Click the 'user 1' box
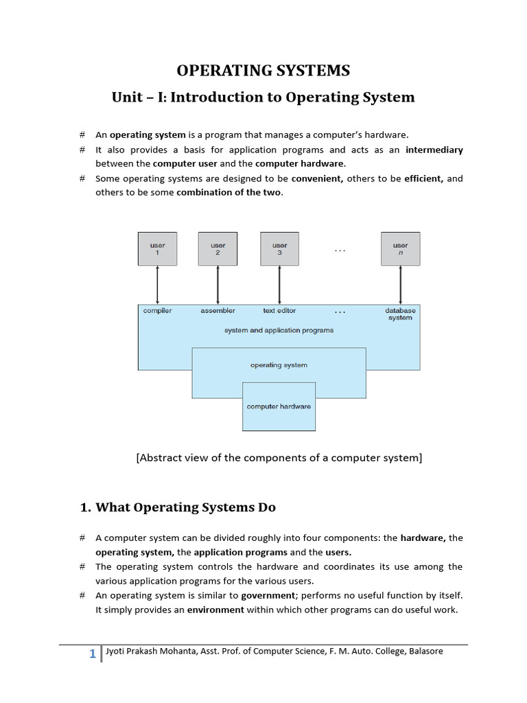pos(157,249)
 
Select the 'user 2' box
pos(218,249)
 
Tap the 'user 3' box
pos(279,249)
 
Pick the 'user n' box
pos(400,249)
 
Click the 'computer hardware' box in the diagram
pos(279,406)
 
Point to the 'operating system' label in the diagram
pos(279,365)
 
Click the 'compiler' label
pos(157,311)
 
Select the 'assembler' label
pos(218,311)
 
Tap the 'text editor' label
pos(279,311)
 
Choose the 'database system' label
pos(400,314)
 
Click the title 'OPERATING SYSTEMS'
pos(263,71)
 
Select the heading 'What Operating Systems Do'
pos(185,507)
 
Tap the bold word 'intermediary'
pos(434,150)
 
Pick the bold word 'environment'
pos(216,610)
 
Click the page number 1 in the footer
pos(92,654)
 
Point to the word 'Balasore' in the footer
pos(426,651)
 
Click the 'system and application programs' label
pos(279,330)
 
